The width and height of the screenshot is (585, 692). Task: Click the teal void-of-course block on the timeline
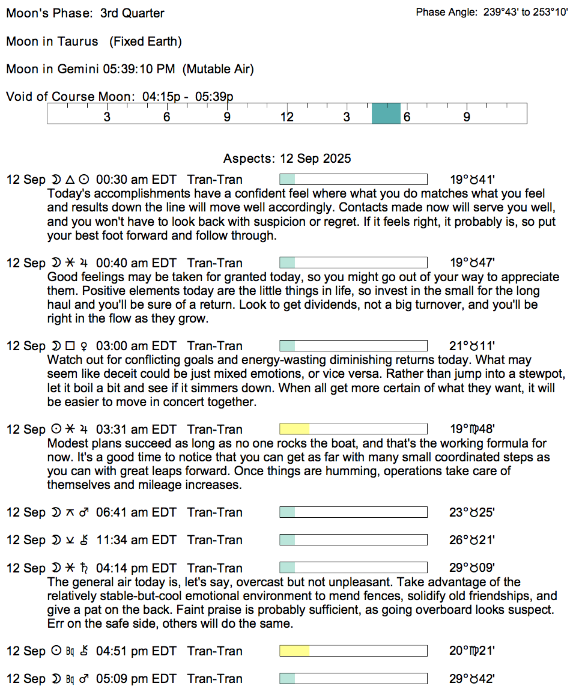(x=386, y=113)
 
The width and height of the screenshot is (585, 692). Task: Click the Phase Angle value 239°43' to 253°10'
(x=526, y=13)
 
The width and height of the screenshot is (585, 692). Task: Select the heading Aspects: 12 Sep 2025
(x=287, y=159)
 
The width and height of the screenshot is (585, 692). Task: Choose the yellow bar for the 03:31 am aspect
(x=295, y=429)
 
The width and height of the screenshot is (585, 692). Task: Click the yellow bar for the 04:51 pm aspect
(x=295, y=651)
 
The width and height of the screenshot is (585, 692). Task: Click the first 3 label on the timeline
(x=107, y=117)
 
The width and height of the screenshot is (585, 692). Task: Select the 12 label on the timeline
(x=287, y=117)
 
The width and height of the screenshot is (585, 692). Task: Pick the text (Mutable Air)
(x=218, y=69)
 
